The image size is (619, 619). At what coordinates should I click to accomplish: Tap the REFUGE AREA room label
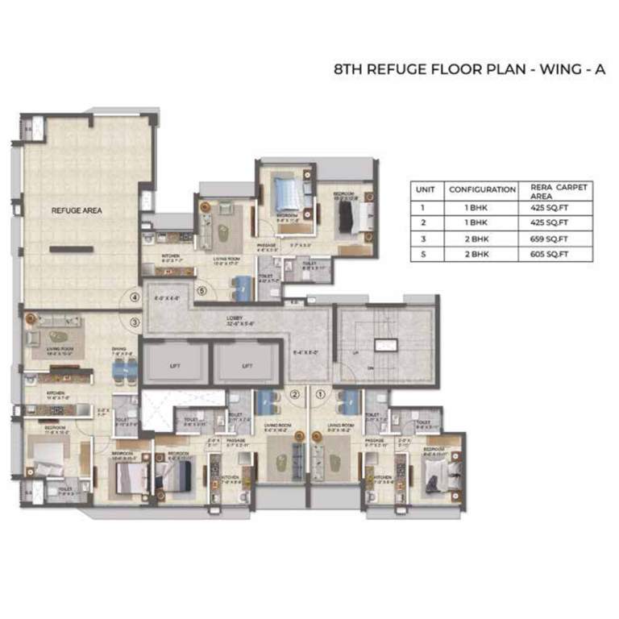pos(77,210)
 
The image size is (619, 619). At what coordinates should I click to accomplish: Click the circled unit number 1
pos(321,394)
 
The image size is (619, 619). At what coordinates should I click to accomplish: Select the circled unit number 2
pos(295,394)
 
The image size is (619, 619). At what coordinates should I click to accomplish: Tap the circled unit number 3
pos(135,322)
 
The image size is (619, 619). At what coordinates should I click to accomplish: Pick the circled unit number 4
pos(135,297)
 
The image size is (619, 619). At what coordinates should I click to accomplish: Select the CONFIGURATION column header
pos(482,189)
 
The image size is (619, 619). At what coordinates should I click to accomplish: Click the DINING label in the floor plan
pos(118,350)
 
